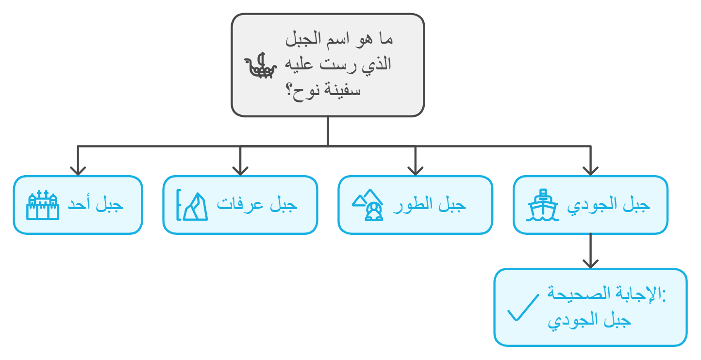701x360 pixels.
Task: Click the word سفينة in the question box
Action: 344,90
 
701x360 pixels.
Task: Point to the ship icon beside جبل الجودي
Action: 542,205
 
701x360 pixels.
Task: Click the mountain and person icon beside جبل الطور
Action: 367,205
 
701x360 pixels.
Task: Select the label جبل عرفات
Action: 257,205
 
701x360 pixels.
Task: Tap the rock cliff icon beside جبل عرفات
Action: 192,206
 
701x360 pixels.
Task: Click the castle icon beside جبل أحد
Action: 43,205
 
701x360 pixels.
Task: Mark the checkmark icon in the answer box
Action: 523,308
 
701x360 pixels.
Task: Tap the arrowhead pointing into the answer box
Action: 590,264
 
